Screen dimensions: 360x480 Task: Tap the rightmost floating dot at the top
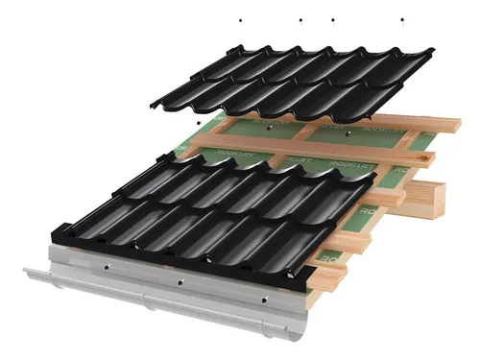pos(402,19)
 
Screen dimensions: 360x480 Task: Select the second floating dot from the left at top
pos(300,19)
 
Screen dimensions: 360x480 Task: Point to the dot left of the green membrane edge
pos(197,123)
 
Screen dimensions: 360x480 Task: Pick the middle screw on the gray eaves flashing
pos(180,282)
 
